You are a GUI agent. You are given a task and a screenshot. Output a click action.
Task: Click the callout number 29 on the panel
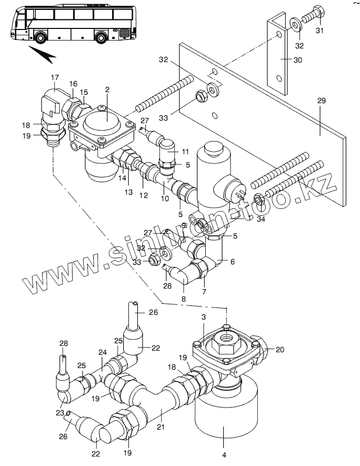click(x=322, y=101)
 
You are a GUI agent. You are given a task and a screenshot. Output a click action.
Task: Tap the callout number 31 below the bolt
click(x=319, y=31)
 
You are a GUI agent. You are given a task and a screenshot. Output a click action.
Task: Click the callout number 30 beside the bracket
click(x=297, y=60)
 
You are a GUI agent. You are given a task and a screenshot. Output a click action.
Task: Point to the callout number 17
click(x=55, y=77)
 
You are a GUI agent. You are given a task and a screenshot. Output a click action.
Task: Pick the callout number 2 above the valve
click(x=107, y=90)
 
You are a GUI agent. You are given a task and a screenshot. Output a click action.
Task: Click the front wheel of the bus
click(x=40, y=37)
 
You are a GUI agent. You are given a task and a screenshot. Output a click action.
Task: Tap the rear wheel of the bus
click(x=101, y=38)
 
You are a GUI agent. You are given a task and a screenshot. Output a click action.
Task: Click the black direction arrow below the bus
click(x=42, y=54)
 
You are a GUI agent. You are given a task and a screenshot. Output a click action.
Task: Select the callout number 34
click(x=261, y=220)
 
